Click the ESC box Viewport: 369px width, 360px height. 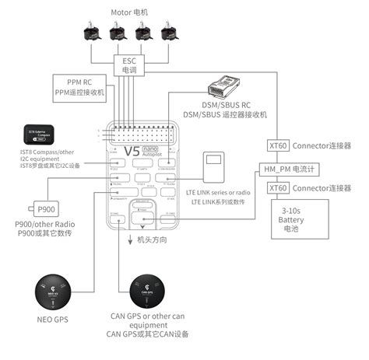click(128, 65)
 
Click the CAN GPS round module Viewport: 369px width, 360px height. click(148, 292)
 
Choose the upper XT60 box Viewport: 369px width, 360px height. click(277, 145)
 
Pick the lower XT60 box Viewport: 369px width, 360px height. click(277, 188)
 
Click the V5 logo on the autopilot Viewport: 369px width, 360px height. click(133, 151)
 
